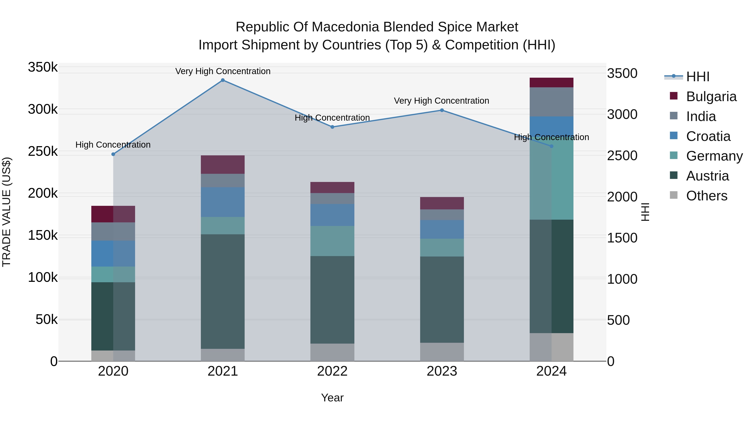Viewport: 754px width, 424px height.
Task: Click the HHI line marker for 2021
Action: point(223,80)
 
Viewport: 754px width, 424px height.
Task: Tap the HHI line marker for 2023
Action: point(442,110)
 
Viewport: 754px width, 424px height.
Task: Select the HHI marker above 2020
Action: point(113,154)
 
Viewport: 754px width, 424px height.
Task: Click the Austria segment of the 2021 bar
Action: point(223,291)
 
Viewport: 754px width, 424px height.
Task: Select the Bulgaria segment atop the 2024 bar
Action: point(551,82)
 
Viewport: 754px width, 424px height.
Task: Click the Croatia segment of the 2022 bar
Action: point(332,215)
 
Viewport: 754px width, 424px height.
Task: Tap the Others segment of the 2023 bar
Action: point(442,352)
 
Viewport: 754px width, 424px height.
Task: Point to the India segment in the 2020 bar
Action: point(113,231)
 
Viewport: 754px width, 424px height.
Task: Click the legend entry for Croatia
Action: point(708,136)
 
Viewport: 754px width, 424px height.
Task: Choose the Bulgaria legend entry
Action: point(711,97)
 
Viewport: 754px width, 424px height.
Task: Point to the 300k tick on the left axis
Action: point(43,110)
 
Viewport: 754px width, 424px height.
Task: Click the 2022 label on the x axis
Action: point(332,371)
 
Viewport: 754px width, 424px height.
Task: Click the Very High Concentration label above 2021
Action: point(223,71)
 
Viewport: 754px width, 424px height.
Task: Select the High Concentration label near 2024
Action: point(551,137)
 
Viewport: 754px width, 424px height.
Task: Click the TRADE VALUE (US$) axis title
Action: point(6,212)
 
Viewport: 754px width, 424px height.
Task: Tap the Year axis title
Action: point(332,398)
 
